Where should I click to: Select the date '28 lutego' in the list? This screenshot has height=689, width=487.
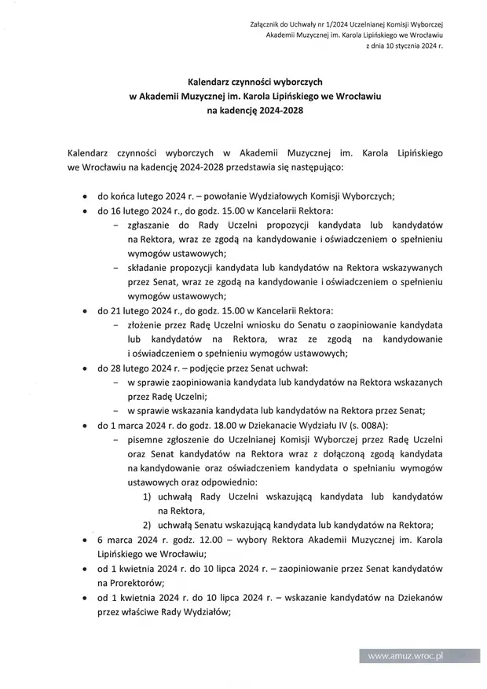tap(130, 368)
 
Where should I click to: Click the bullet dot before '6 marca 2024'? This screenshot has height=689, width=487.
tap(85, 541)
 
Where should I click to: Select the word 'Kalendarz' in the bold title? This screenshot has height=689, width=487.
tap(212, 81)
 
